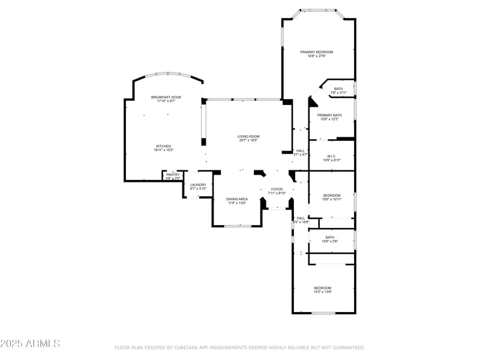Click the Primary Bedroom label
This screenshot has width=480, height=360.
coord(316,52)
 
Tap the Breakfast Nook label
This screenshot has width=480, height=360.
coord(166,97)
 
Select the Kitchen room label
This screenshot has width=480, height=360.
coord(164,146)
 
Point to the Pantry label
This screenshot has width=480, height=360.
coord(173,175)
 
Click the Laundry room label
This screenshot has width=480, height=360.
coord(198,185)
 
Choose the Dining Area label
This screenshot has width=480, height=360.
coord(237,199)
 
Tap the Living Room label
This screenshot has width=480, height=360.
coord(248,137)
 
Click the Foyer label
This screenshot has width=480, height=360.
coord(277,189)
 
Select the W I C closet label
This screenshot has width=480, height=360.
coord(332,157)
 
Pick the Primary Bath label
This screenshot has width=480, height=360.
coord(329,115)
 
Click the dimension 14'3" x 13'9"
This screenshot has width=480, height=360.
coord(323,292)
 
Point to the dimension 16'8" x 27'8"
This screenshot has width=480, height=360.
coord(316,56)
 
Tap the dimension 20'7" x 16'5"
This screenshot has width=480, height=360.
coord(248,141)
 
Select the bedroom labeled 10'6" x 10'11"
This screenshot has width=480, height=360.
coord(332,196)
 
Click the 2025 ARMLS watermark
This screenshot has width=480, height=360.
coord(30,344)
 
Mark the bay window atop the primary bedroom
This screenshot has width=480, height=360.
coord(318,10)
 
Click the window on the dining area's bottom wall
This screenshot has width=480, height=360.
coord(238,226)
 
